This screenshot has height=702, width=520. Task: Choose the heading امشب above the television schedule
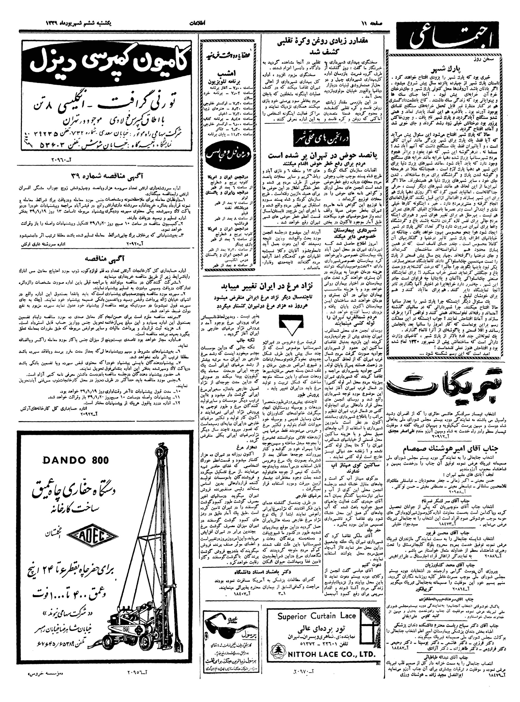click(224, 73)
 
